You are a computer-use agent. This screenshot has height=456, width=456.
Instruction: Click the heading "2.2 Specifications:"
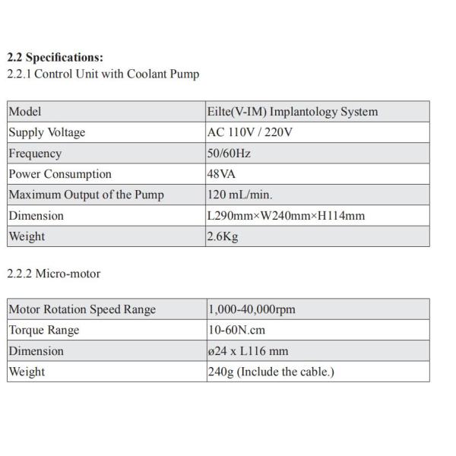[x=55, y=58]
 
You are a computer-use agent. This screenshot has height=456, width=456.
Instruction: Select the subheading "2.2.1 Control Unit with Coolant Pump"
[x=103, y=74]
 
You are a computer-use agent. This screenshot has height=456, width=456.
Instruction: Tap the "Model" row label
[x=25, y=112]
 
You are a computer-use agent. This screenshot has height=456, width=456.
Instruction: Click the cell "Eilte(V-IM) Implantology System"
[x=293, y=112]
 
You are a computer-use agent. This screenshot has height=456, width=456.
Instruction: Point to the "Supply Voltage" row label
[x=47, y=132]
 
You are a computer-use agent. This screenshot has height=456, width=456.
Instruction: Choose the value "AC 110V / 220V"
[x=250, y=132]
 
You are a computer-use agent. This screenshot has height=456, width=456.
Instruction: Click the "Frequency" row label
[x=35, y=154]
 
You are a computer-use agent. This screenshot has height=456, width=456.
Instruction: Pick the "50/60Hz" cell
[x=229, y=154]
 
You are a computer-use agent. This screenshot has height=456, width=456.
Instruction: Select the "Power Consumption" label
[x=60, y=174]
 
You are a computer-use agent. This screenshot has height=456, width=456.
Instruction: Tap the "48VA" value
[x=222, y=174]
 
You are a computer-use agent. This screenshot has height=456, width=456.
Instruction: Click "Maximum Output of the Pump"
[x=86, y=195]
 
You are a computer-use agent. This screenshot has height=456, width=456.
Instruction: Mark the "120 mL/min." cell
[x=240, y=195]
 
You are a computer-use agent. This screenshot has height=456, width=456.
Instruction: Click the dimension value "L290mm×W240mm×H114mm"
[x=286, y=216]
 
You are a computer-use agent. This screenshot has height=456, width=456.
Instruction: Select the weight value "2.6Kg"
[x=223, y=236]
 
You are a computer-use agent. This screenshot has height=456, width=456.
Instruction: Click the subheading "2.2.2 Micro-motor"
[x=53, y=274]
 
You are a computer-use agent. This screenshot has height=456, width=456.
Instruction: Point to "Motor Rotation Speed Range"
[x=82, y=309]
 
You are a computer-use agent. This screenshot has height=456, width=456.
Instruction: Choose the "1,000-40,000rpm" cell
[x=252, y=309]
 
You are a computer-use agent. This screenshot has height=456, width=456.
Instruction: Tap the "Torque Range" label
[x=44, y=331]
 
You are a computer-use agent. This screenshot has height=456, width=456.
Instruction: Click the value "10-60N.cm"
[x=236, y=331]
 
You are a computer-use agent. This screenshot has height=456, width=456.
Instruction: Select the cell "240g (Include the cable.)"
[x=271, y=372]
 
